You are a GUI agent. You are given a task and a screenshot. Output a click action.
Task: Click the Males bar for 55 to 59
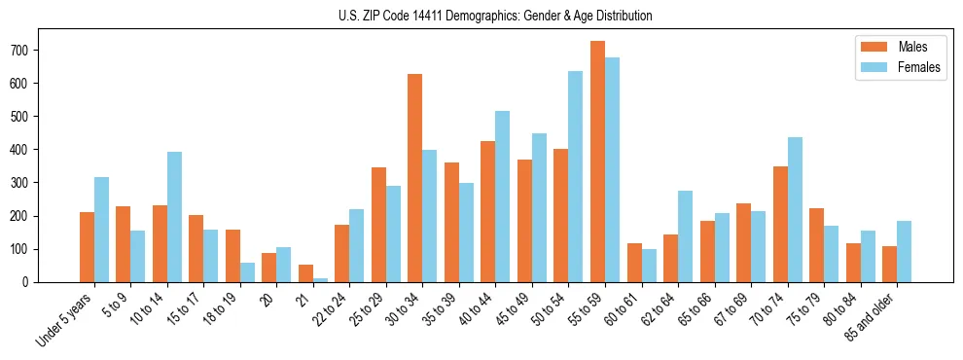point(597,162)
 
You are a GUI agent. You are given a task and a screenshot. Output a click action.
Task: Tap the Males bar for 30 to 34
point(415,178)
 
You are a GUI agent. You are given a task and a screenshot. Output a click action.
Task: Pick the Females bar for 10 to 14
point(174,217)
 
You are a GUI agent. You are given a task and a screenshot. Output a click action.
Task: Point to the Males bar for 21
point(305,273)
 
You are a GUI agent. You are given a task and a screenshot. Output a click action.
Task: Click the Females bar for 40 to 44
point(502,197)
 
